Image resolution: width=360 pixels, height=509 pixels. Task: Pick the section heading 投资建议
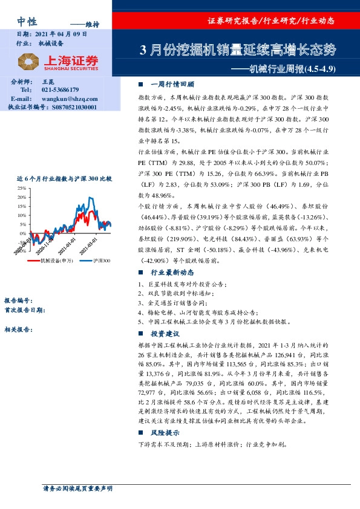point(165,334)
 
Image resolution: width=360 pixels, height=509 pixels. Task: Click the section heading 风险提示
point(165,433)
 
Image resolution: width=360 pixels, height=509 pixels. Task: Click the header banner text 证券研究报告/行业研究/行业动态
point(280,20)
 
